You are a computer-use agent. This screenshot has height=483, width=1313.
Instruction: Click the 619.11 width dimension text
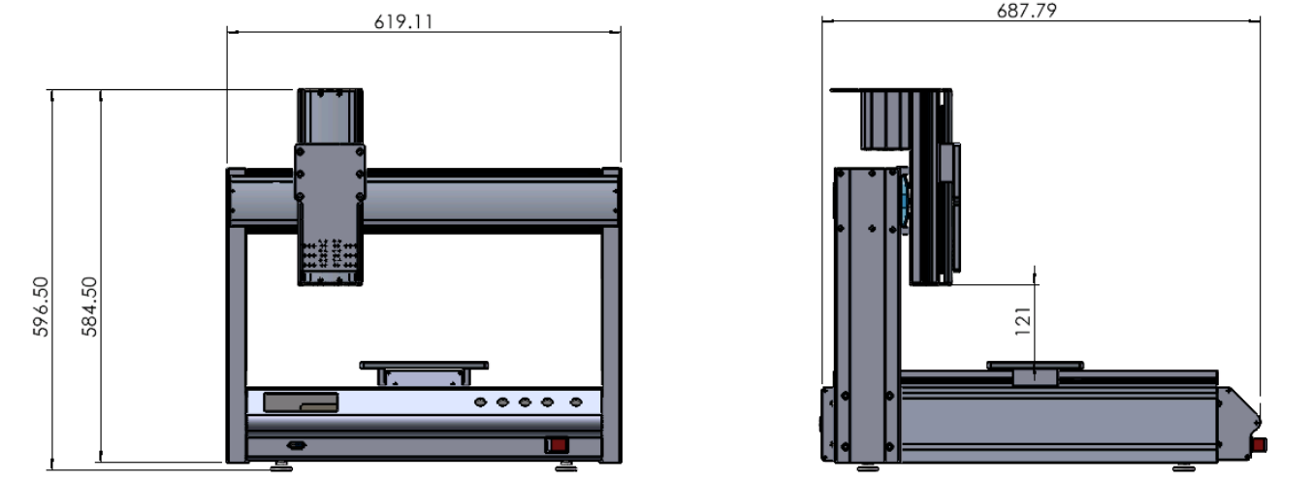click(x=403, y=21)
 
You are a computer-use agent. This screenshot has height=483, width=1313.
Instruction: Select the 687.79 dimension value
click(x=1026, y=11)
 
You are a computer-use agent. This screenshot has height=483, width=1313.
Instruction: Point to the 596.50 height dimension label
click(x=41, y=306)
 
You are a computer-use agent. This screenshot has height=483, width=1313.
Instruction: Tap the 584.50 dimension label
click(x=89, y=306)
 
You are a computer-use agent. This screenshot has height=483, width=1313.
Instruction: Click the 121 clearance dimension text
click(x=1023, y=321)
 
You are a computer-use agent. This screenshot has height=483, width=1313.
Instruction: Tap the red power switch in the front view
click(x=557, y=445)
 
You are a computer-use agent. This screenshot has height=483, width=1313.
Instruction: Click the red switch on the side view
click(x=1259, y=445)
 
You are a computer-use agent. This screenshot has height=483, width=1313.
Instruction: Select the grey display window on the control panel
click(x=301, y=402)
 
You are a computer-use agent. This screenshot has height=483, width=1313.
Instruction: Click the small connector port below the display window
click(x=297, y=446)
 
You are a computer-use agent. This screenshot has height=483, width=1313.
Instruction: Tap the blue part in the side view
click(x=905, y=203)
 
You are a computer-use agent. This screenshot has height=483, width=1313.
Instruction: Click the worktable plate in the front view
click(x=424, y=366)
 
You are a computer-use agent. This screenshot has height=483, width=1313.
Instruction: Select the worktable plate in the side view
click(x=1035, y=366)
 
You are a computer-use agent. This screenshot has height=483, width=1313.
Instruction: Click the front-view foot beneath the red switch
click(x=565, y=467)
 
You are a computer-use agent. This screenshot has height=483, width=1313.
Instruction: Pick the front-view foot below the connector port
click(x=281, y=467)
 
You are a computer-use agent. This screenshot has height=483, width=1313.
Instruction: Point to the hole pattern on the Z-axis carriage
click(x=330, y=255)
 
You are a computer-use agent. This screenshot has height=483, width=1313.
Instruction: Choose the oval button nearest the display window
click(x=481, y=402)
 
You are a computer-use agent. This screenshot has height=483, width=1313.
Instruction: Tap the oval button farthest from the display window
click(x=576, y=402)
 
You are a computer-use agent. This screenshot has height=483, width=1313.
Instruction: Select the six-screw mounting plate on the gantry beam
click(x=330, y=174)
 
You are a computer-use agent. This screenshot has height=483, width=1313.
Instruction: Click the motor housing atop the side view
click(x=884, y=120)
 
